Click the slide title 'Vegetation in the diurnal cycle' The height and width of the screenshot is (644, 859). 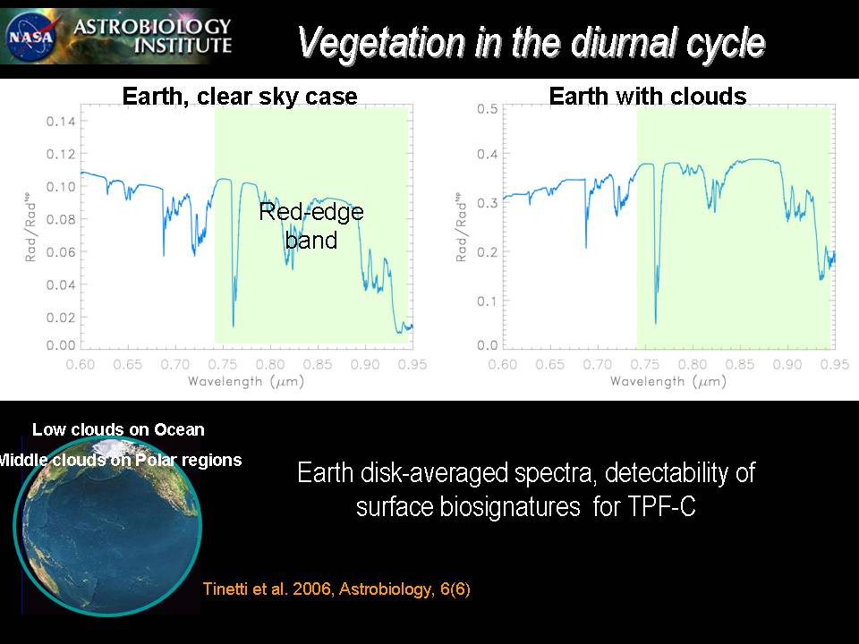tap(531, 42)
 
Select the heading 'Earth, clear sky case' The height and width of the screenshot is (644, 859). tap(240, 97)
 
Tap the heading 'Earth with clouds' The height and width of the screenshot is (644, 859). tap(648, 97)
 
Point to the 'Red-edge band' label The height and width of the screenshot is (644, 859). tap(311, 225)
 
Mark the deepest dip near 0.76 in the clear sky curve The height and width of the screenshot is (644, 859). tap(234, 326)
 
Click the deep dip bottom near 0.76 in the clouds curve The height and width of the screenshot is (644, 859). tap(656, 322)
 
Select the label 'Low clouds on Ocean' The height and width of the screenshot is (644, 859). tap(118, 430)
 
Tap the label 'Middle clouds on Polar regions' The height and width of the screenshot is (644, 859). tap(119, 461)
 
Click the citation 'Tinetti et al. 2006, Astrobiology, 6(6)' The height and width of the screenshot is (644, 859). tap(336, 589)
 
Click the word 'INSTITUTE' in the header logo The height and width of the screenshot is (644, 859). tap(183, 45)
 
